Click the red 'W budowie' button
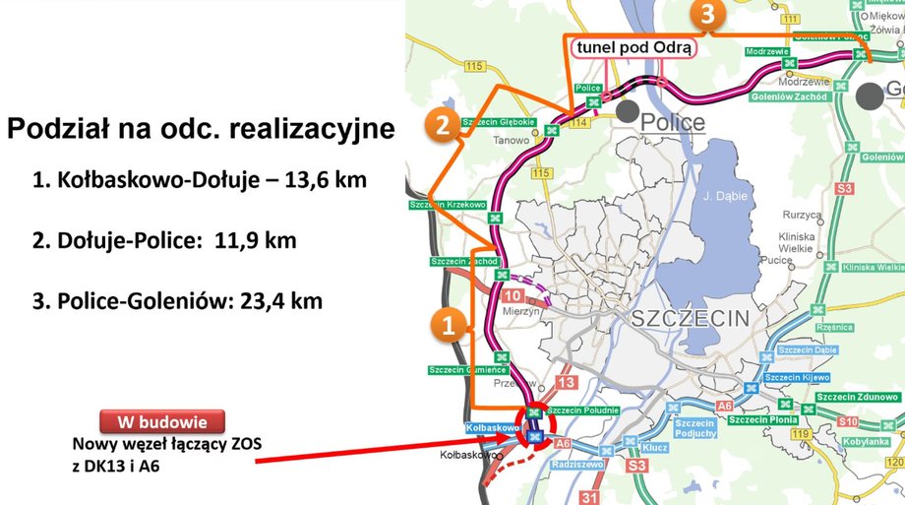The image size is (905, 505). pos(163,421)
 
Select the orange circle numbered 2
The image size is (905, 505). pos(444,124)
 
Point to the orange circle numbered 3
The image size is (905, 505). pos(707,14)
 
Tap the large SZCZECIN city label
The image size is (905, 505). pos(690,318)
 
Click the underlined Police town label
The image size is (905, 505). pos(673,122)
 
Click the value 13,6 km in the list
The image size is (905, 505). pos(339,180)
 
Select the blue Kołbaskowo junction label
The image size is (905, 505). pos(492,428)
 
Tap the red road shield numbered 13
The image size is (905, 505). pos(567,382)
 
